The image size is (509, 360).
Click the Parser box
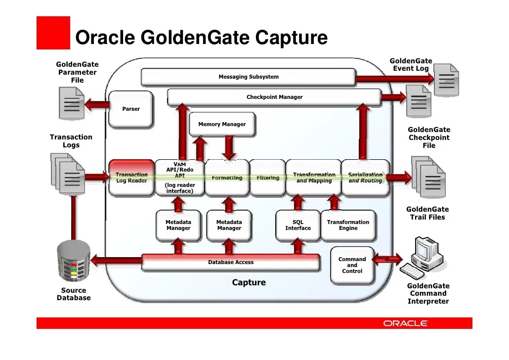(131, 108)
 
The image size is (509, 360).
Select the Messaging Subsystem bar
(248, 77)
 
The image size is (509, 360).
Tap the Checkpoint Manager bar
(274, 97)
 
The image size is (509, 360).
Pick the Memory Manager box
(222, 125)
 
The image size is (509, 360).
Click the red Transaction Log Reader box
(131, 178)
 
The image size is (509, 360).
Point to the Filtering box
(267, 178)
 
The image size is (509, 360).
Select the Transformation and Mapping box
(314, 178)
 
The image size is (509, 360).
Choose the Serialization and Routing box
(365, 178)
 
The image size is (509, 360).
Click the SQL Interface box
(298, 225)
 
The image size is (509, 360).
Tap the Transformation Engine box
(348, 225)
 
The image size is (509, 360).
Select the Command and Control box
(352, 265)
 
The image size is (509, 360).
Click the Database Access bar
(230, 262)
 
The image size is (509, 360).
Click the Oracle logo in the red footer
(405, 323)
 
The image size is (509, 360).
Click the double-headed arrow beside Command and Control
(388, 258)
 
